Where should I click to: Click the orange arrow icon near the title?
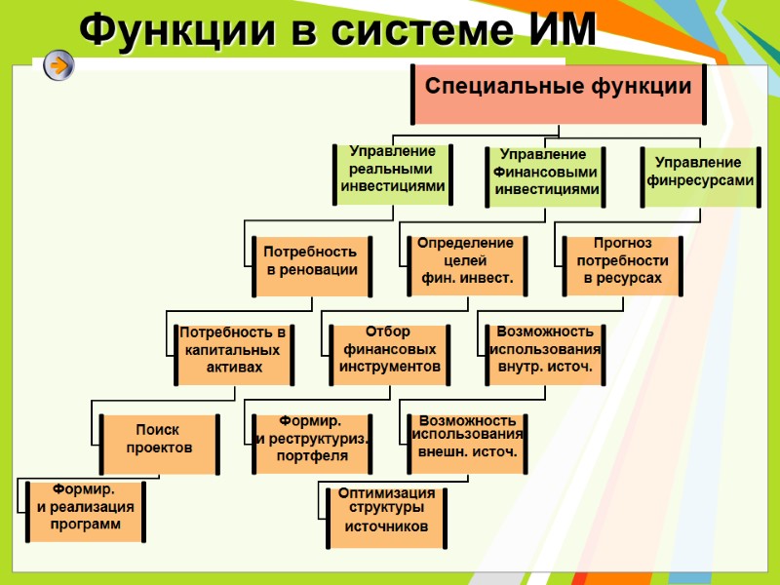pyautogui.click(x=58, y=66)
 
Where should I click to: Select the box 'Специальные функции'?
pyautogui.click(x=559, y=94)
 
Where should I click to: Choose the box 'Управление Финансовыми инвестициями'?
pyautogui.click(x=546, y=175)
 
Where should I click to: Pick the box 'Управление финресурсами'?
pyautogui.click(x=700, y=175)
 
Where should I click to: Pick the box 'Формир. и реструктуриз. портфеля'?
pyautogui.click(x=312, y=442)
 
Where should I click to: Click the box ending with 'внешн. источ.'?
pyautogui.click(x=467, y=442)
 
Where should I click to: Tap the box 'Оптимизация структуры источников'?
pyautogui.click(x=387, y=514)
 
